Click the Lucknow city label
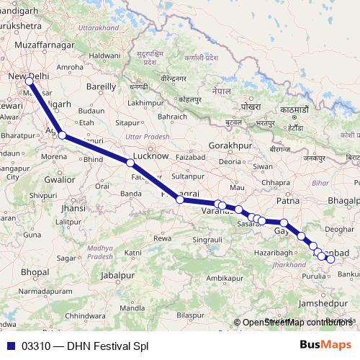[x=151, y=155]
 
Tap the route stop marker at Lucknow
[x=130, y=163]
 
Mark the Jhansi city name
[x=73, y=207]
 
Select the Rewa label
[x=163, y=238]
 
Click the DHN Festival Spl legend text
[x=107, y=346]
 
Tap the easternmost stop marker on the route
[x=331, y=260]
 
